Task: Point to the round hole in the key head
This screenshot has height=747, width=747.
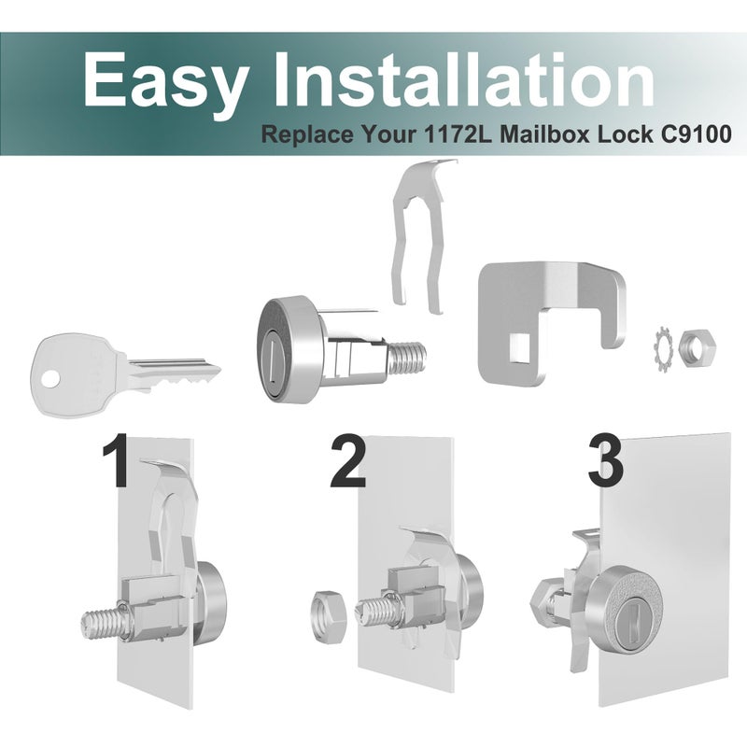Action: point(51,380)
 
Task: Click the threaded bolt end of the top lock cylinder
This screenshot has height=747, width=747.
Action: point(406,356)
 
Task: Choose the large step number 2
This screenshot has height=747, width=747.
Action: point(348,460)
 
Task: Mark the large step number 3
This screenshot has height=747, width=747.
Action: point(605,460)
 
